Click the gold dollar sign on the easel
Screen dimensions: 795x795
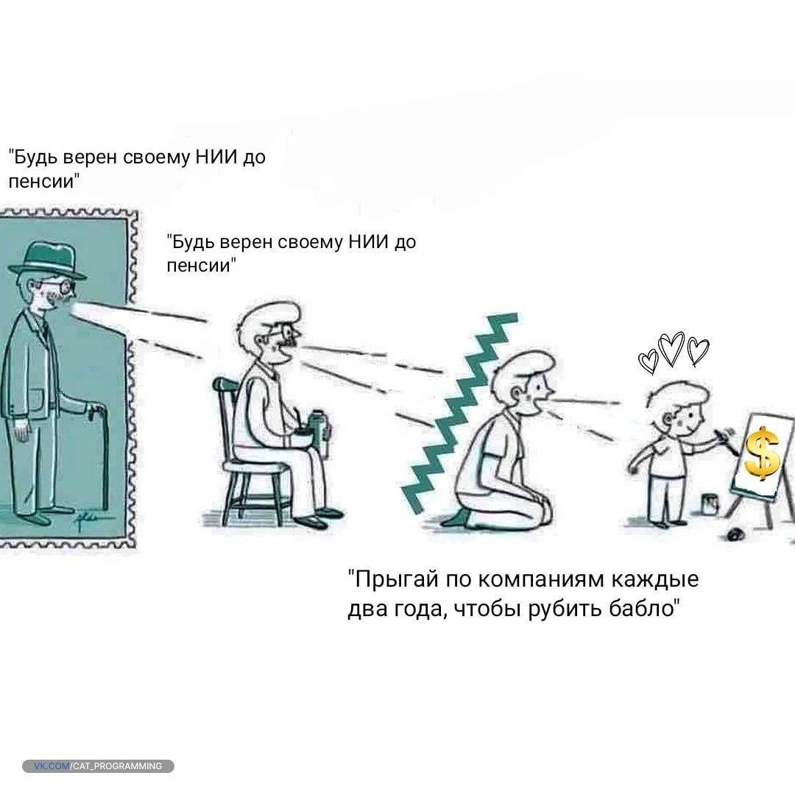coord(762,453)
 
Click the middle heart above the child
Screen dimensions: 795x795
coord(671,348)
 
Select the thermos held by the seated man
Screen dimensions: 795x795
coord(319,426)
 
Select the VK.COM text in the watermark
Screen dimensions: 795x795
coord(52,766)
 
